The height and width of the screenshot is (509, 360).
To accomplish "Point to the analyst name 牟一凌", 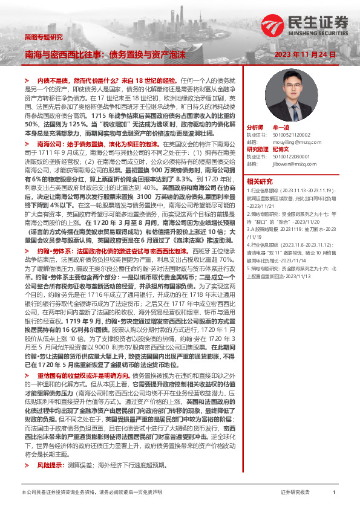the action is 281,128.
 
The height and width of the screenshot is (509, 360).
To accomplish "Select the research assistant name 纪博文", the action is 281,149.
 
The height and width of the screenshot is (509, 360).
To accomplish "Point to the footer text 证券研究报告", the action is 295,493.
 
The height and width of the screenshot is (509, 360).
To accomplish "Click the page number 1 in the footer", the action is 334,493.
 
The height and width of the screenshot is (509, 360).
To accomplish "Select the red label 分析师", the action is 255,128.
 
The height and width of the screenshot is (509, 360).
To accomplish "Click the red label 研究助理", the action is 258,149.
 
